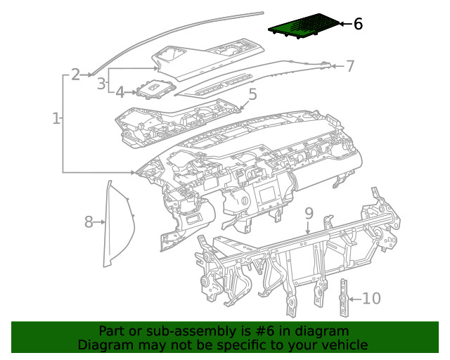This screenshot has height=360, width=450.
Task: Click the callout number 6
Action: (x=358, y=25)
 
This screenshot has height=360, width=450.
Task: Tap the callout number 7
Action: (x=350, y=67)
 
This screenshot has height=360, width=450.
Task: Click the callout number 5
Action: (x=252, y=94)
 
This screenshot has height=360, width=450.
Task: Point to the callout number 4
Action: (x=120, y=92)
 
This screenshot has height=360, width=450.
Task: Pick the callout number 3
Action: (x=101, y=84)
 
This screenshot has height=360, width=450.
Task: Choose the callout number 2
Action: (x=76, y=73)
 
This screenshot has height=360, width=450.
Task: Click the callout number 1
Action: (x=56, y=118)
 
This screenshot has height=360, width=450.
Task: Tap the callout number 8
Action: (x=89, y=223)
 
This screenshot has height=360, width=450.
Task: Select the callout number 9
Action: (x=309, y=213)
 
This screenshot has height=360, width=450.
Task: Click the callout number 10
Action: (x=371, y=299)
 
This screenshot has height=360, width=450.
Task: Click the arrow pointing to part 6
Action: (x=345, y=25)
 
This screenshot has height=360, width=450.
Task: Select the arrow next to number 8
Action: (x=101, y=223)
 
